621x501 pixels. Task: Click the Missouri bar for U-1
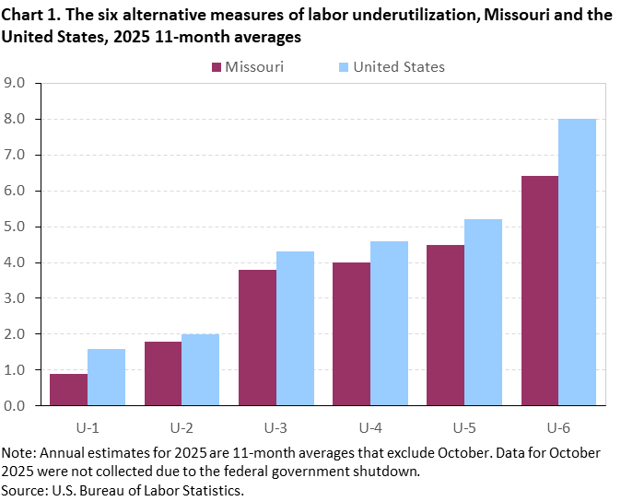[x=69, y=389]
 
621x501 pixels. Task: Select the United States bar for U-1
[x=106, y=377]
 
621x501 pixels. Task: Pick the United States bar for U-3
[x=295, y=328]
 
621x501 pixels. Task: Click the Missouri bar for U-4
[x=351, y=333]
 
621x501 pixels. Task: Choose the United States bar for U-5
[x=484, y=312]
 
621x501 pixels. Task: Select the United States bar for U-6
[x=578, y=262]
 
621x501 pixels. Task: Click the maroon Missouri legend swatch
[x=217, y=67]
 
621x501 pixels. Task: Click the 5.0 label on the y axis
[x=18, y=227]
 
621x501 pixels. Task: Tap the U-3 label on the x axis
[x=275, y=428]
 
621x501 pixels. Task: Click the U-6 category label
[x=558, y=428]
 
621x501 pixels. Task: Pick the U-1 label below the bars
[x=88, y=428]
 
